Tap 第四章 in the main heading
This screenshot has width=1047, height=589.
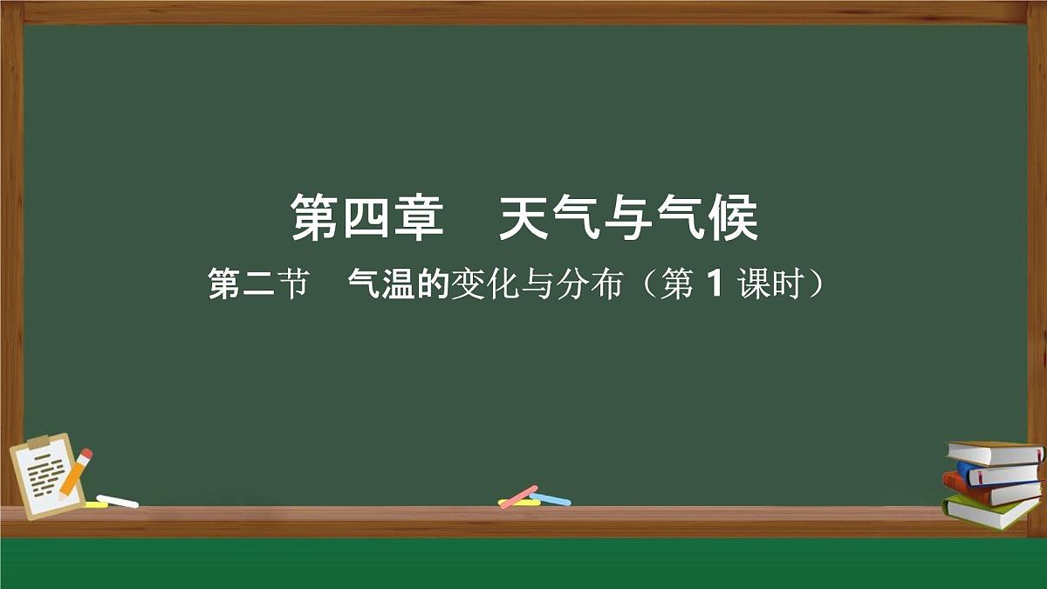coord(366,219)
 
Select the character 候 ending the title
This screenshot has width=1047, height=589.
coord(734,219)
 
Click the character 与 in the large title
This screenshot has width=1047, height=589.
coord(640,219)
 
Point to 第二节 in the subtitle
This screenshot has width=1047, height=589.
coord(258,284)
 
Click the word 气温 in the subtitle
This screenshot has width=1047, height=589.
coord(381,284)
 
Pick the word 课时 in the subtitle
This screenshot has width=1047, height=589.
coord(769,284)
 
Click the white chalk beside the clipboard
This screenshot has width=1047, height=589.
coord(117,501)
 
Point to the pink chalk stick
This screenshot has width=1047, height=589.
coord(518,496)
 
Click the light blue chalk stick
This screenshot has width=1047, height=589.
coord(550,499)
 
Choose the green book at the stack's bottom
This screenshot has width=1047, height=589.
coord(990,511)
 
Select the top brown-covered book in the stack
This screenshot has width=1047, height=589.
coord(995,453)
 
